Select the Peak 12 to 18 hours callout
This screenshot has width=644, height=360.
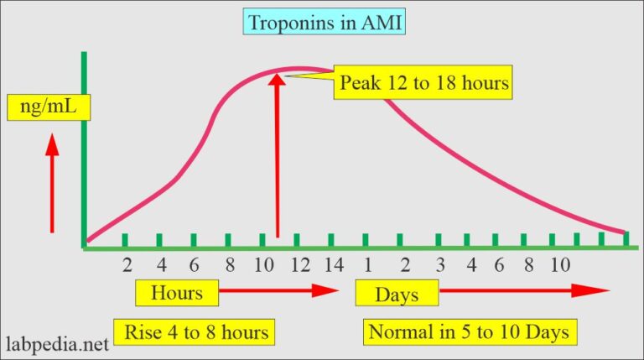point(423,83)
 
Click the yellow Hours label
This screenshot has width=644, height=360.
point(177,294)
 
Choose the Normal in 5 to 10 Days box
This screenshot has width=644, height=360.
point(470,332)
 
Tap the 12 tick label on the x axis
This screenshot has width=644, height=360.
point(300,265)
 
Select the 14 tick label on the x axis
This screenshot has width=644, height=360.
point(333,265)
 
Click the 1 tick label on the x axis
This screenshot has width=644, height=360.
point(366,265)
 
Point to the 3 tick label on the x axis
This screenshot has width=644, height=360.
point(439,265)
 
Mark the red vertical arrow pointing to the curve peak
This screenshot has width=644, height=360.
point(277,155)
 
